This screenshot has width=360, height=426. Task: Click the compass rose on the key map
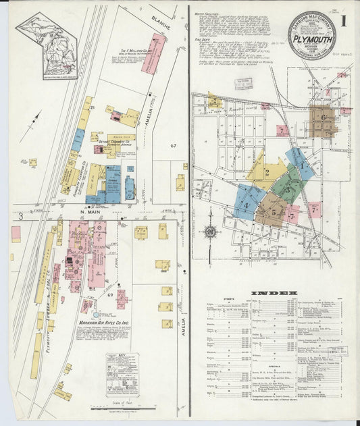[x=210, y=232]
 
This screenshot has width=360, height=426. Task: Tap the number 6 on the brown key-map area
[x=324, y=118]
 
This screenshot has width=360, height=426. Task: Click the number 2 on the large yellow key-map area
[x=267, y=172]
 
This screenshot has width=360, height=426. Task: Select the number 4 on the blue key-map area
[x=247, y=205]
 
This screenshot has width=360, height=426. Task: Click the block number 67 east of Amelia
[x=174, y=146]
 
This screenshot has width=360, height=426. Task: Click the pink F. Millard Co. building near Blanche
[x=153, y=53]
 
